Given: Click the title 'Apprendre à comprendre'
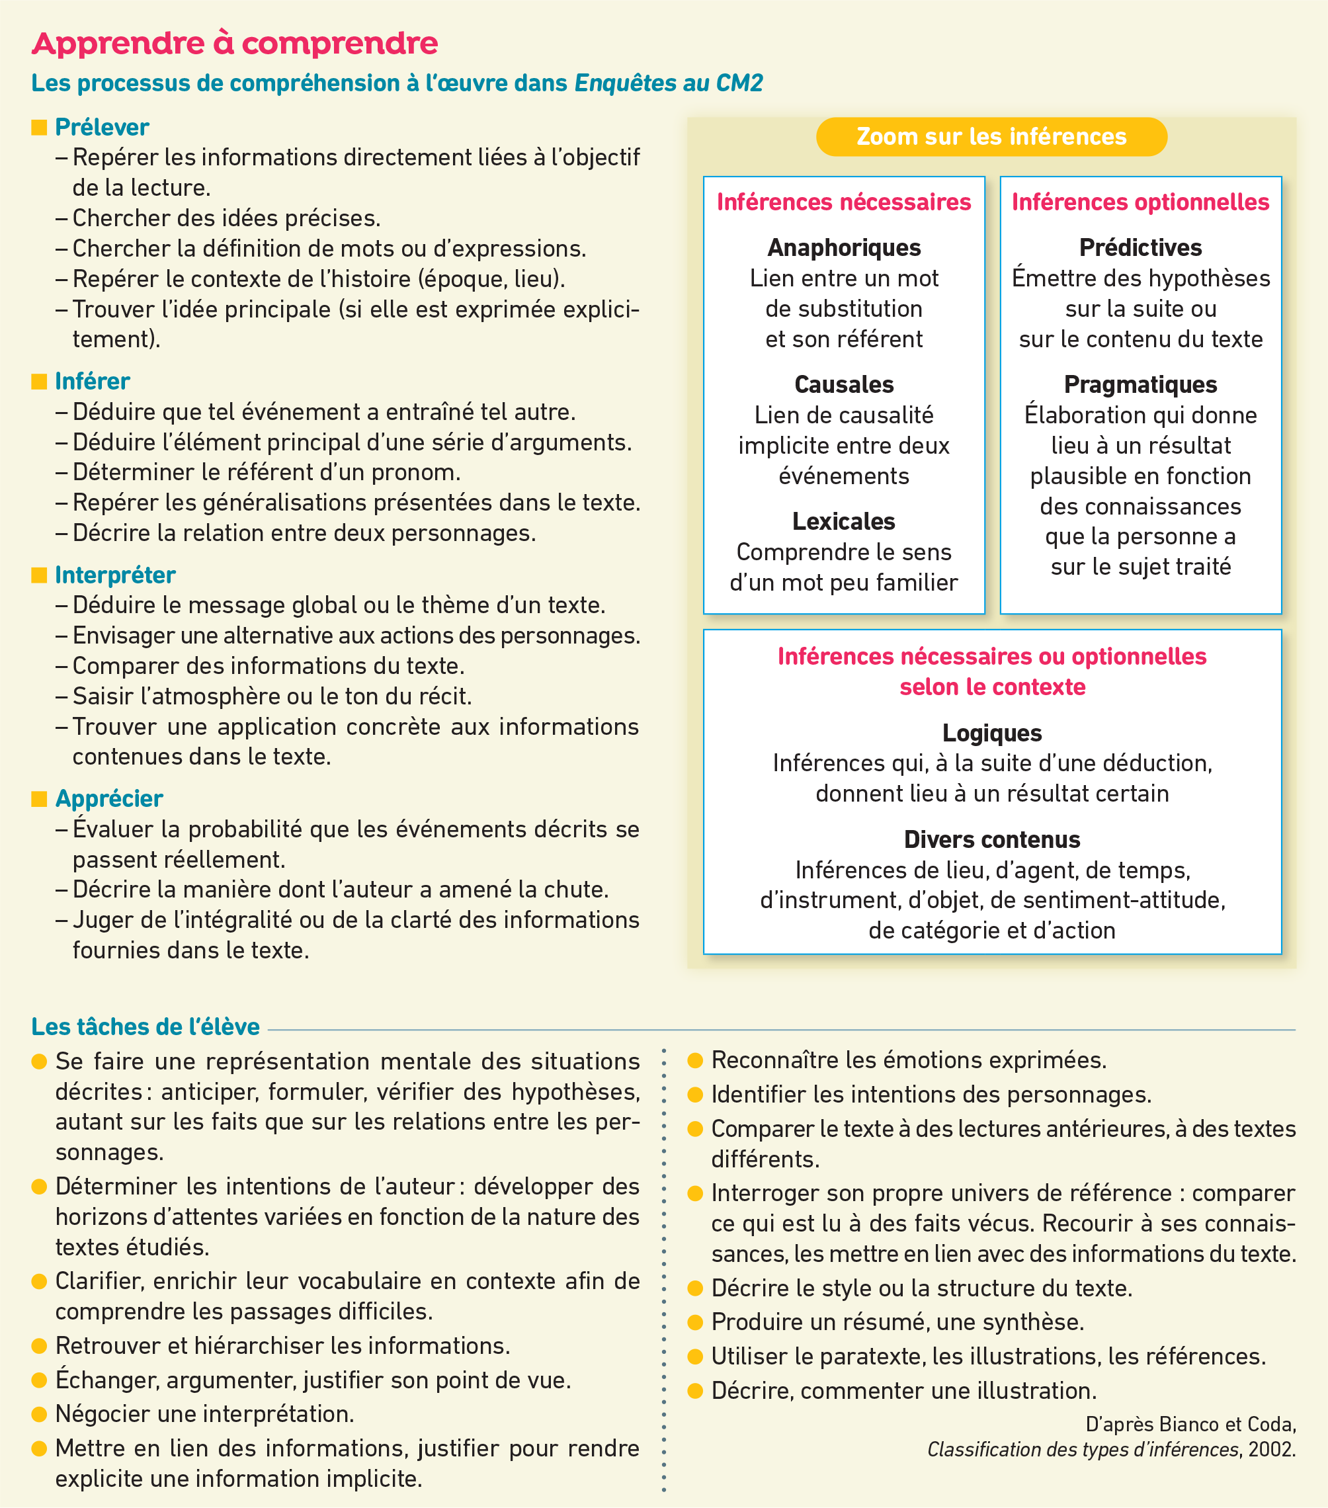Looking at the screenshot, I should point(235,44).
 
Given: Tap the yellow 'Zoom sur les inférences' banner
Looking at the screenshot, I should point(991,136).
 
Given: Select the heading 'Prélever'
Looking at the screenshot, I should point(102,127).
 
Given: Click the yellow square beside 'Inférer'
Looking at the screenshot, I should point(39,382).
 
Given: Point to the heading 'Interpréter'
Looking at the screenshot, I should point(115,575).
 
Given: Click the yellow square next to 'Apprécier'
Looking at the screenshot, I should point(39,798).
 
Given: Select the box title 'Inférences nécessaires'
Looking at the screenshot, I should point(843,202).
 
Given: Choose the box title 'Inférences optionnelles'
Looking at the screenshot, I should point(1140,202).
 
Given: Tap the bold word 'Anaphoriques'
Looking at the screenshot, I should point(843,248).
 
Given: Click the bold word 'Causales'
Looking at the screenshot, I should point(843,384).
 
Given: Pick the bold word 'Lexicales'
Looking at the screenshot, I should point(843,522).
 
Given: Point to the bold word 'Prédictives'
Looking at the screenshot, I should point(1140,248).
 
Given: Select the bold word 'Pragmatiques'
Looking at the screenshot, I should point(1140,384).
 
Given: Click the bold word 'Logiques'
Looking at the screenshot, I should point(991,733).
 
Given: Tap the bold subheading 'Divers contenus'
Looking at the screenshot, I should point(991,839).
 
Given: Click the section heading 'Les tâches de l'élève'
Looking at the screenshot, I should point(145,1026).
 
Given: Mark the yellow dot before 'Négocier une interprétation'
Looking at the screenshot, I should point(39,1413).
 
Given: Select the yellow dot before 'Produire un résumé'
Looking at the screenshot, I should point(695,1321).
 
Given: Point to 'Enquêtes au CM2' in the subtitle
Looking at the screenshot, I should point(669,83).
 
